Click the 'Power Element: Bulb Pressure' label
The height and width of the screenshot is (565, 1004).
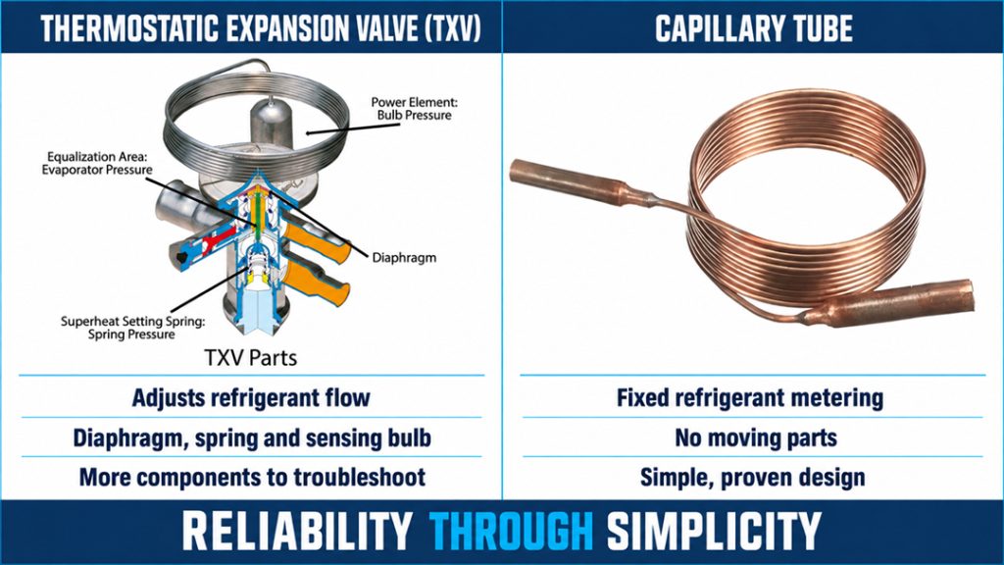(415, 109)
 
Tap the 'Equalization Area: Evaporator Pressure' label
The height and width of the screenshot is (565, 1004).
(97, 164)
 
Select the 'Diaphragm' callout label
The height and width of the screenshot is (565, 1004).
(404, 258)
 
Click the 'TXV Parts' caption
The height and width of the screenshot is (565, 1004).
(250, 357)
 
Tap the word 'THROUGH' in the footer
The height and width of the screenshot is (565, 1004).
(512, 531)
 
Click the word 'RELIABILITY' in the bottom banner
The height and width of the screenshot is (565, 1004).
(297, 531)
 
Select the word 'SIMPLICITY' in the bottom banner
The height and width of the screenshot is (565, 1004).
(714, 531)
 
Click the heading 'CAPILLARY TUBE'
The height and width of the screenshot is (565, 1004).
(754, 28)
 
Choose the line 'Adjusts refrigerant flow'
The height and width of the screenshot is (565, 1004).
(251, 398)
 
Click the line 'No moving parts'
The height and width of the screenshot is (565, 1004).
(756, 438)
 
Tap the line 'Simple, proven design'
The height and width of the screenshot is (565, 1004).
(752, 478)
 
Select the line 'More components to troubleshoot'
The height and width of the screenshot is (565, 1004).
(252, 478)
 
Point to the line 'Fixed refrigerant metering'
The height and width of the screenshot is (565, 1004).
(750, 398)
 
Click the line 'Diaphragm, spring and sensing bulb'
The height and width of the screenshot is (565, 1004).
(252, 438)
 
